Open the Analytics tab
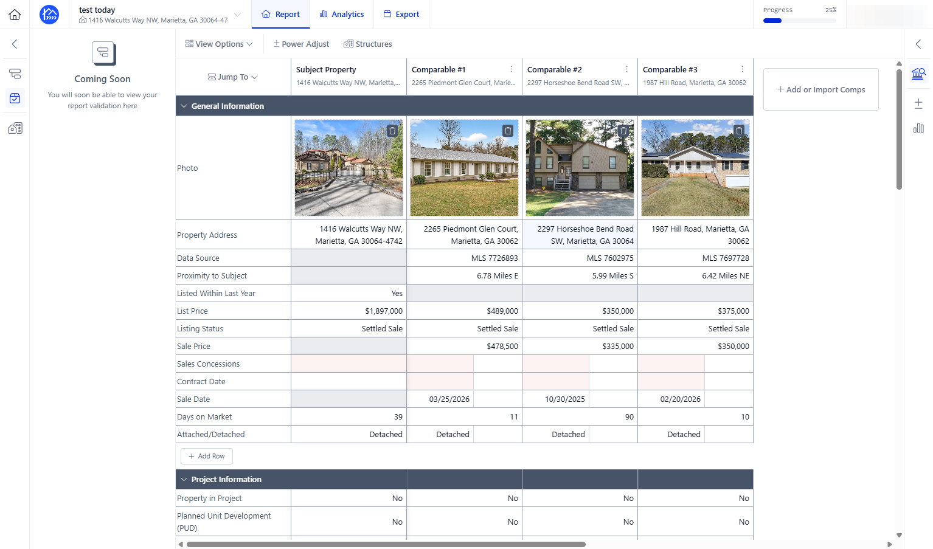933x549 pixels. tap(342, 14)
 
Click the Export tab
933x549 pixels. tap(401, 14)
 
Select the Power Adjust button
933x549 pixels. tap(300, 44)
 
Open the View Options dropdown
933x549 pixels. tap(219, 44)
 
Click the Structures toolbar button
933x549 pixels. tap(368, 44)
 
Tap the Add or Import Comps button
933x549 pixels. tap(821, 89)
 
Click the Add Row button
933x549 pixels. tap(207, 456)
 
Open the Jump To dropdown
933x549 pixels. tap(233, 77)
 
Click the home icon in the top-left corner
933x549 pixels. tap(15, 15)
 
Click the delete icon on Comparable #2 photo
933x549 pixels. tap(623, 131)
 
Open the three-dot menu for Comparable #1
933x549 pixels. tap(511, 69)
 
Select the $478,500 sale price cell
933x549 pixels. tap(465, 347)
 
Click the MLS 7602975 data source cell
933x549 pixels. tap(580, 258)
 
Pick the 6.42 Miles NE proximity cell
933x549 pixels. tap(695, 275)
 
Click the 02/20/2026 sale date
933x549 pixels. tap(680, 399)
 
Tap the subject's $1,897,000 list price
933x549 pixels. tap(384, 311)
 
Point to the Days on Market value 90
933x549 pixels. tap(629, 416)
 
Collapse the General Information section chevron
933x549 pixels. tap(184, 106)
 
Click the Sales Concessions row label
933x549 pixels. tap(208, 364)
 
